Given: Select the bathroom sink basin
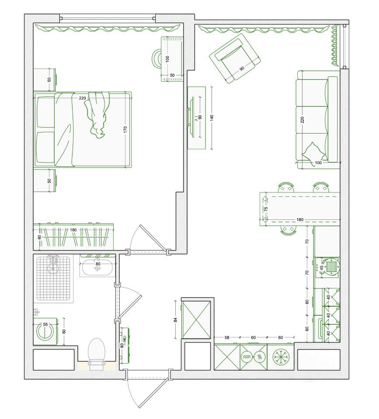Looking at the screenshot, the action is pyautogui.click(x=97, y=268).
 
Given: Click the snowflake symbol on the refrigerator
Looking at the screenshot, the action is pyautogui.click(x=281, y=357).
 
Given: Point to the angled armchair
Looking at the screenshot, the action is pyautogui.click(x=235, y=58).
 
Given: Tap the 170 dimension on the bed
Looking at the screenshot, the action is pyautogui.click(x=125, y=130).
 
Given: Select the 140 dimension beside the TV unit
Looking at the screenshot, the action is pyautogui.click(x=212, y=117).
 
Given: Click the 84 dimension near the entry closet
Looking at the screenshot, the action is pyautogui.click(x=176, y=319).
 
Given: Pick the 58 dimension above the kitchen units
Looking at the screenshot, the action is pyautogui.click(x=227, y=337).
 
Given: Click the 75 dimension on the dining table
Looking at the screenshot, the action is pyautogui.click(x=266, y=209).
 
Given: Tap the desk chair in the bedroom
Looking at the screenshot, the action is pyautogui.click(x=156, y=58).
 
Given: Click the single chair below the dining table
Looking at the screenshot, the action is pyautogui.click(x=288, y=230).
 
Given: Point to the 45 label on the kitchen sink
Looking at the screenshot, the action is pyautogui.click(x=321, y=268).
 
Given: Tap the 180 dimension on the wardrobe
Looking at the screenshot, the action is pyautogui.click(x=73, y=230).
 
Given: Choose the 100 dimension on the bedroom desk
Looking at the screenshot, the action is pyautogui.click(x=167, y=59).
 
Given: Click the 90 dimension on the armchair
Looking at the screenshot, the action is pyautogui.click(x=242, y=69).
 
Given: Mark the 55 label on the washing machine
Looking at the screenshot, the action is pyautogui.click(x=45, y=325).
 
